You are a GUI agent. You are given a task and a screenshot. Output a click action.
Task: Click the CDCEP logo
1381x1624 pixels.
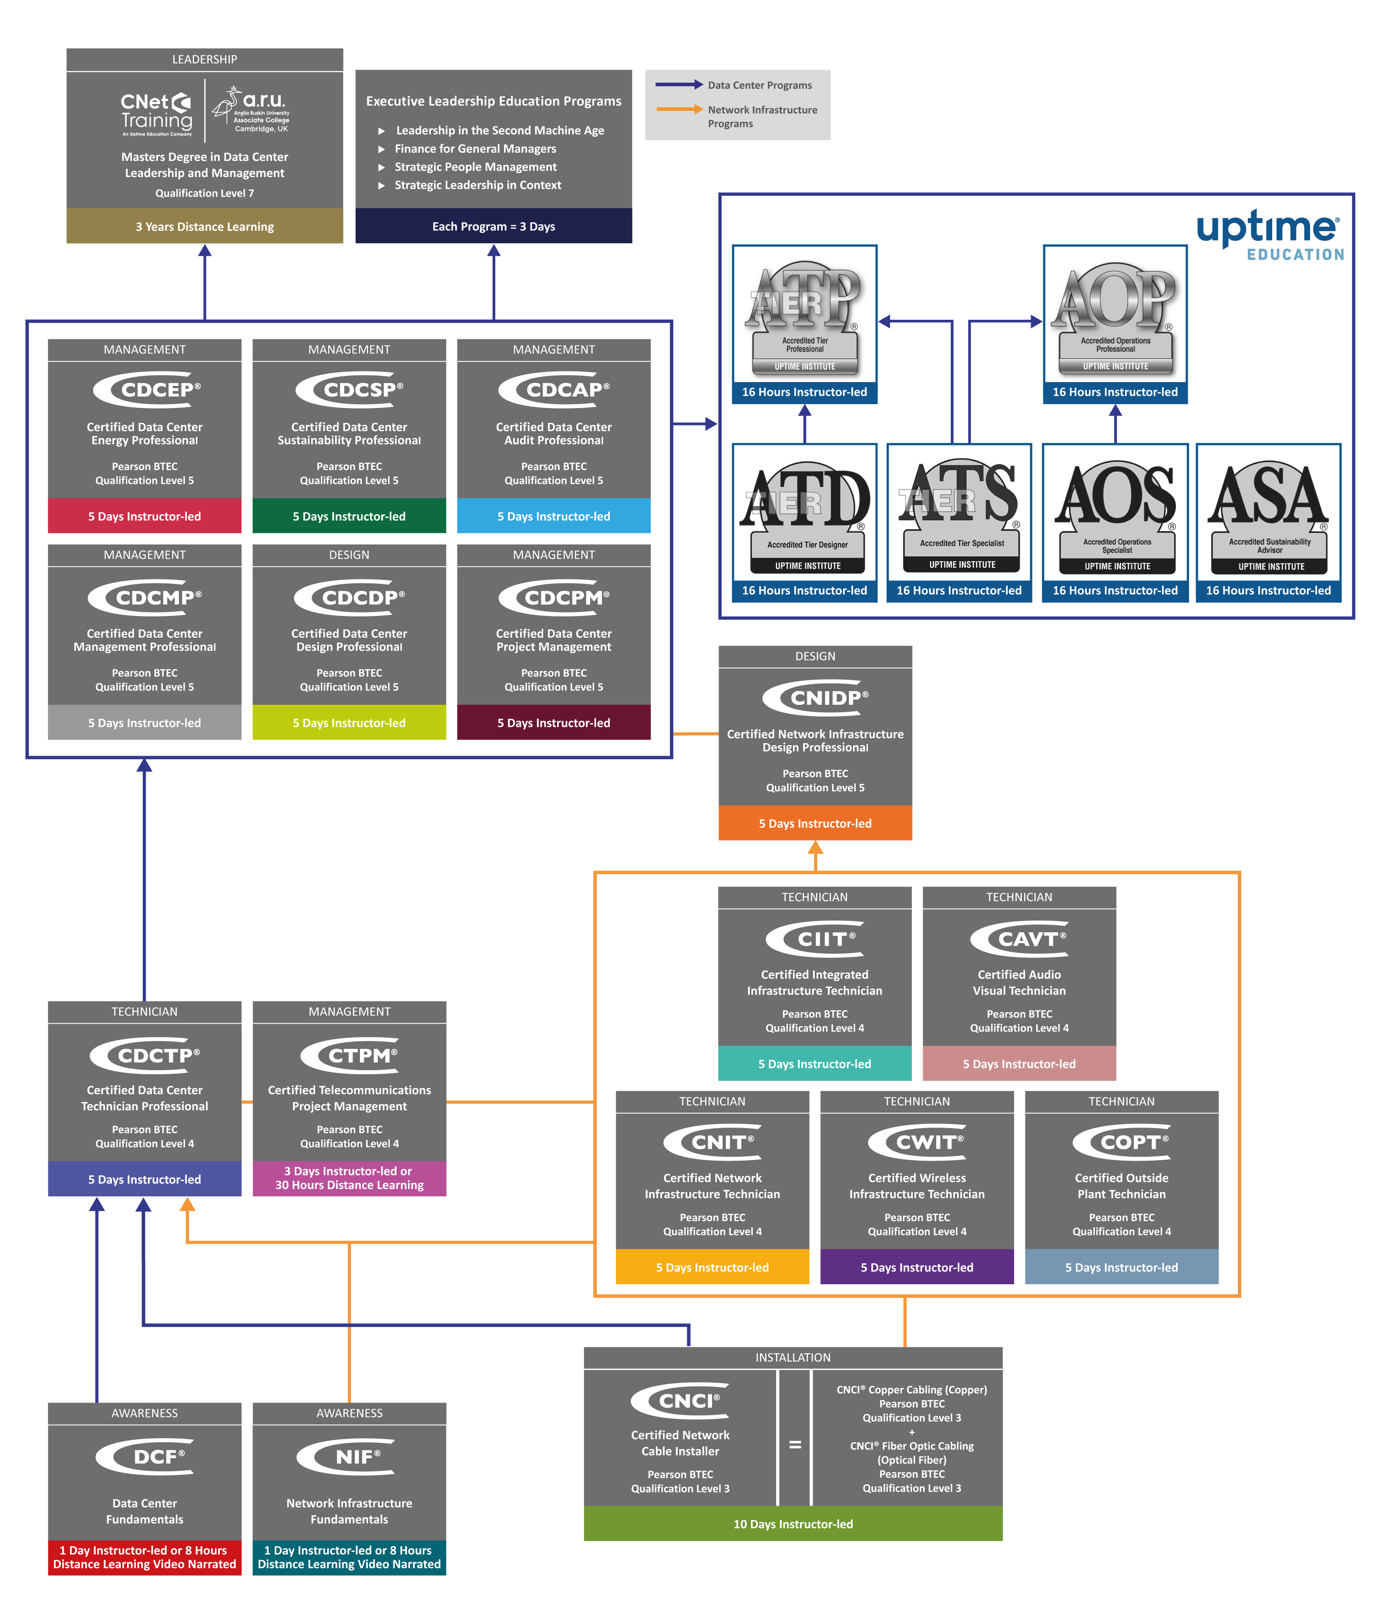coord(146,389)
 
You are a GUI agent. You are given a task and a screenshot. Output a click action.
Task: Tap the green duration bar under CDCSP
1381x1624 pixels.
coord(349,516)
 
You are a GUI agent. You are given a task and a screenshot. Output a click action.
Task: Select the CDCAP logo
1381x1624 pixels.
coord(554,389)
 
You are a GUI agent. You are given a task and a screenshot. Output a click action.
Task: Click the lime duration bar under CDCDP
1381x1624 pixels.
coord(349,723)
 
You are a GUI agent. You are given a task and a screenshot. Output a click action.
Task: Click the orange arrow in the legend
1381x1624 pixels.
coord(679,110)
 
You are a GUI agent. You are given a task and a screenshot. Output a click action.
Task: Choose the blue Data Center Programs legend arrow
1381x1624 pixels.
coord(679,84)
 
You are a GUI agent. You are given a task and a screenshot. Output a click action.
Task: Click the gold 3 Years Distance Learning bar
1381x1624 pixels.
coord(204,226)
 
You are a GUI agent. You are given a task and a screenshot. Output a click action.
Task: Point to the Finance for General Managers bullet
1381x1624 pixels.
coord(475,149)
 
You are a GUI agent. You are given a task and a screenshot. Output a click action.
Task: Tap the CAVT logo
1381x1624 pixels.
coord(1019,938)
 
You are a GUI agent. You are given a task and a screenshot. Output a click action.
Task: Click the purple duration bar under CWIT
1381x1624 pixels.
coord(917,1267)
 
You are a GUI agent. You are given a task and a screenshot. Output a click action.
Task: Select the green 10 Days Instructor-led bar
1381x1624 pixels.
coord(793,1524)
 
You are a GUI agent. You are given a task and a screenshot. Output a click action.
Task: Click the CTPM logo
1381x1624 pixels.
coord(349,1055)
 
